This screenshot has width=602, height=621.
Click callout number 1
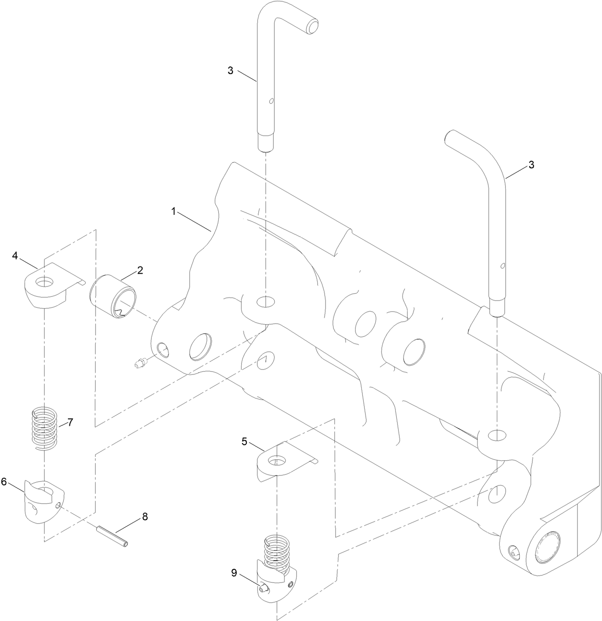(x=175, y=211)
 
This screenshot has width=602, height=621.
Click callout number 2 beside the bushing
(x=140, y=270)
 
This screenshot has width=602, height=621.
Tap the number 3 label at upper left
(x=231, y=70)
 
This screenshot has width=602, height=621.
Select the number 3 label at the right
(x=531, y=165)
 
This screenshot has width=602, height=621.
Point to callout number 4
(x=15, y=256)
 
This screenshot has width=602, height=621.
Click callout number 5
(x=245, y=441)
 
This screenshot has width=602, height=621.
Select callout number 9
(x=234, y=573)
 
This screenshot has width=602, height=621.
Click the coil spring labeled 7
(x=45, y=427)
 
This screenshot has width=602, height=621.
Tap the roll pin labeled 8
(x=113, y=535)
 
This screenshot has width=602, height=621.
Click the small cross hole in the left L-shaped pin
(x=271, y=101)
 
